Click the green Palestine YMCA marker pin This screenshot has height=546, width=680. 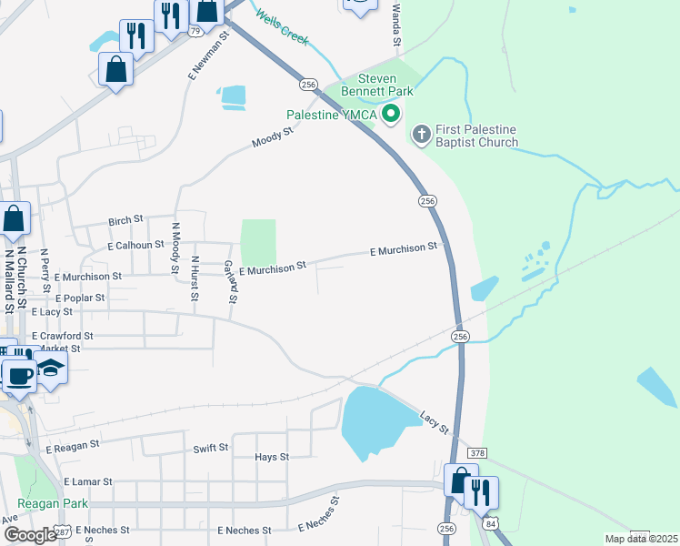392,114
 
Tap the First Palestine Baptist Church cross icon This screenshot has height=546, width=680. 421,136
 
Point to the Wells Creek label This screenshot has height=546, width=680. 282,27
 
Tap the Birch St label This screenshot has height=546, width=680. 126,220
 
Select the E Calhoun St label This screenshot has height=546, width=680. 135,245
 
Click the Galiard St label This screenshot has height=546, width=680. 231,280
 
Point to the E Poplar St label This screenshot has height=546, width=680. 80,298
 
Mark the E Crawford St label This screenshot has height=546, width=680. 62,336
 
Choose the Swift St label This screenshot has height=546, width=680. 210,449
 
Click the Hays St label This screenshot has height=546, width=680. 272,457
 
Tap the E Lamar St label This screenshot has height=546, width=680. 88,481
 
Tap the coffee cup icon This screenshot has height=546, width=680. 19,375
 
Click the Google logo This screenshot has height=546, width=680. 30,535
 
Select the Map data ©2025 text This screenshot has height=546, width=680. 640,539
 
